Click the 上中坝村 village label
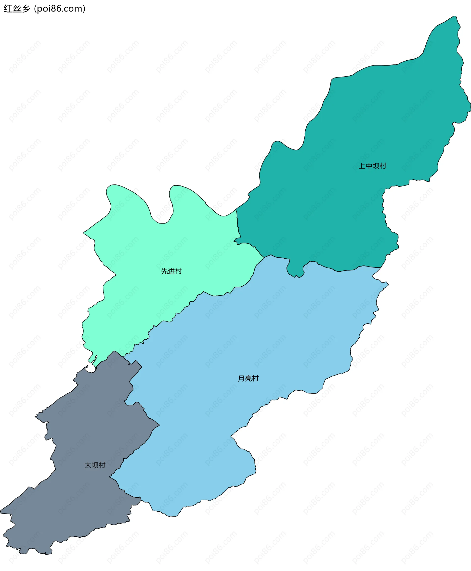click(x=372, y=166)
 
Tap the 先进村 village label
click(x=171, y=271)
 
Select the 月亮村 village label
click(x=248, y=378)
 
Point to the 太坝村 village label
click(x=95, y=465)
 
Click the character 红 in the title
click(x=8, y=9)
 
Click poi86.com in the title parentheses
click(x=60, y=9)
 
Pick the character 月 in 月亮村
click(x=241, y=378)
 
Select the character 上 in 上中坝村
click(x=362, y=166)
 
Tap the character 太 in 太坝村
click(x=88, y=465)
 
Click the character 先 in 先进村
click(x=164, y=271)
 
